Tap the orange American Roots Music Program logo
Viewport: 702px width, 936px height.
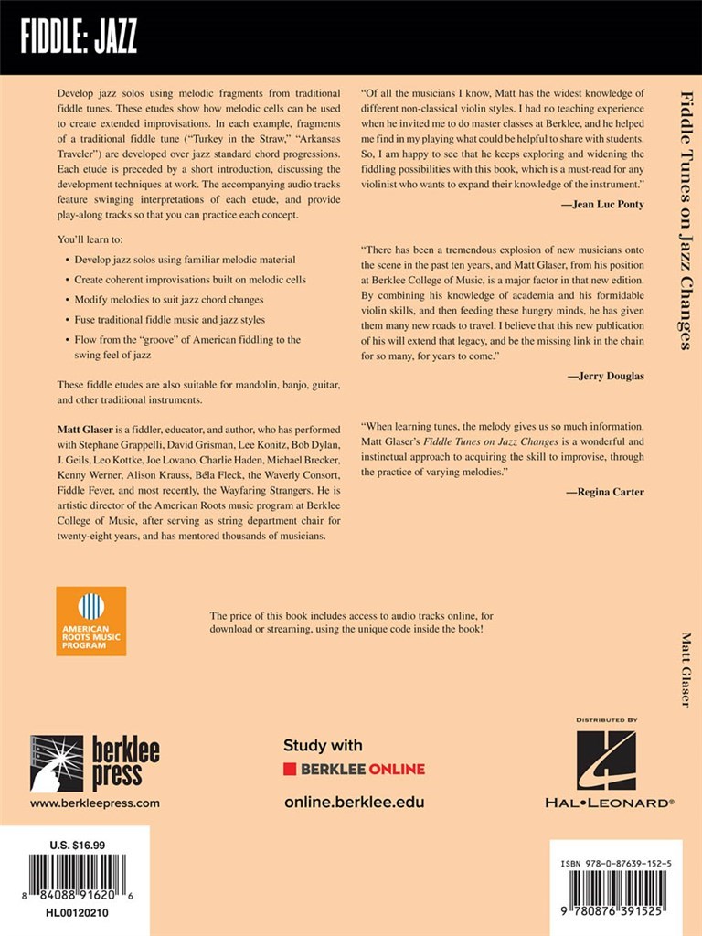[x=90, y=621]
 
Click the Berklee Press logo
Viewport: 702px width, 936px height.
[x=94, y=762]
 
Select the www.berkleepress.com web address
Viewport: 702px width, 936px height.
[x=94, y=803]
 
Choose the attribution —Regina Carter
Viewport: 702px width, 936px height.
[x=604, y=492]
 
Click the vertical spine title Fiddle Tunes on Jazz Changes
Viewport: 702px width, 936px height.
[x=685, y=219]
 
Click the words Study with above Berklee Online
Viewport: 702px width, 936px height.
[x=323, y=745]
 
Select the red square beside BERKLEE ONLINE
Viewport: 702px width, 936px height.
[x=290, y=770]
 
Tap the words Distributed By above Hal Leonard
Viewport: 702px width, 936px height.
[x=606, y=720]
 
